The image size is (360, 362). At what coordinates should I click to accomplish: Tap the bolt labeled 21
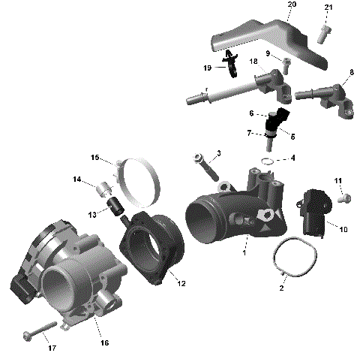tap(324, 32)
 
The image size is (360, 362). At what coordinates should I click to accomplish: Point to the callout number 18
tap(253, 61)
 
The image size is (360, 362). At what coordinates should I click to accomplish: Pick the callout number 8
tap(352, 72)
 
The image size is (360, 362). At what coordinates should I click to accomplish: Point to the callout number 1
tap(244, 253)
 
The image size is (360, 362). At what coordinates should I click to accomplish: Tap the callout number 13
tap(92, 214)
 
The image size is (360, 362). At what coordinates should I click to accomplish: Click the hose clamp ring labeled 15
tap(138, 181)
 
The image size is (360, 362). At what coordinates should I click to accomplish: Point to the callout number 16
tap(104, 343)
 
